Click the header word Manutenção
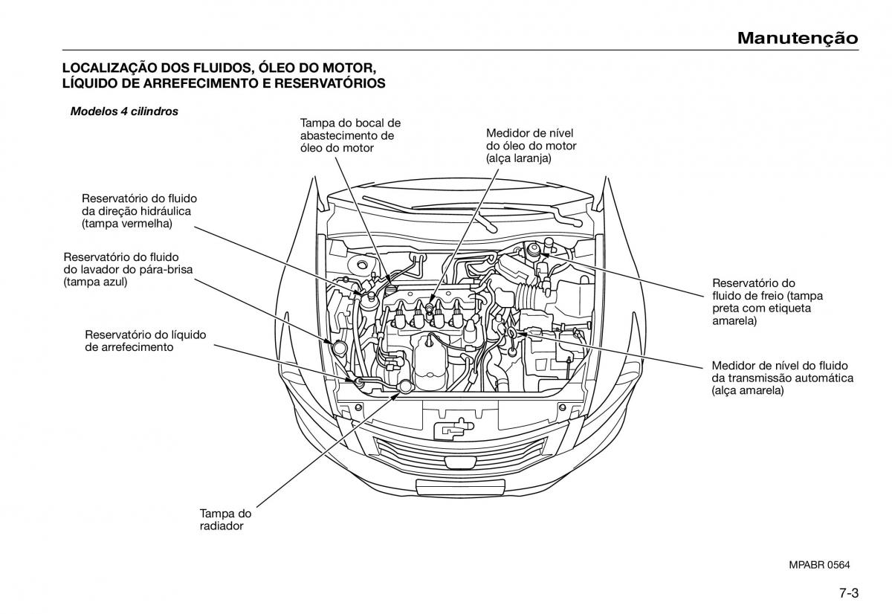tap(798, 38)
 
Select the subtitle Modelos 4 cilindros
tap(124, 112)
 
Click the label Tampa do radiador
tap(225, 520)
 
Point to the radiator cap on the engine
tap(405, 386)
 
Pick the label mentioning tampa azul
tap(128, 269)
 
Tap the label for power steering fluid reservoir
tap(136, 210)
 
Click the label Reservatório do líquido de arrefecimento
tap(145, 340)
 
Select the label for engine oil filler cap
tap(350, 135)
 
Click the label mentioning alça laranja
tap(531, 146)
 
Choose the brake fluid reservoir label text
tap(762, 302)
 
